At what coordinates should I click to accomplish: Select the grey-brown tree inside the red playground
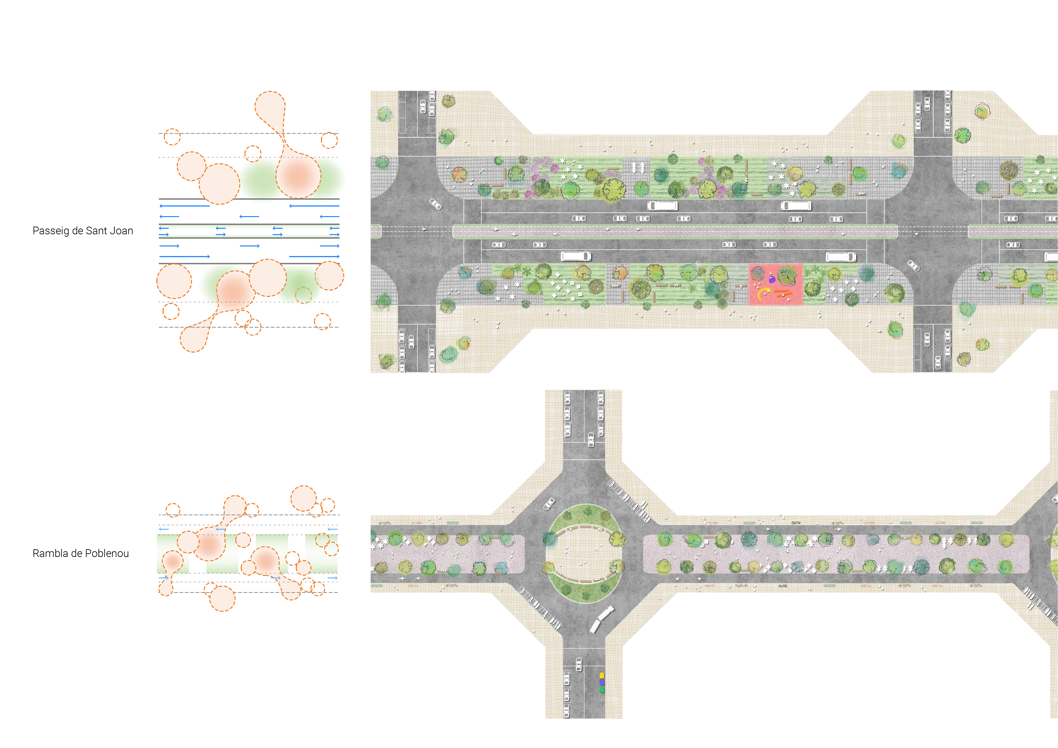point(757,274)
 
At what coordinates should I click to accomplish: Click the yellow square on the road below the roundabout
point(602,675)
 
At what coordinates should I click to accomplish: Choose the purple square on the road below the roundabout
point(602,682)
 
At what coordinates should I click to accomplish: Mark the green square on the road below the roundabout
point(602,690)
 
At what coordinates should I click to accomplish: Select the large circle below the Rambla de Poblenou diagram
point(222,599)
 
